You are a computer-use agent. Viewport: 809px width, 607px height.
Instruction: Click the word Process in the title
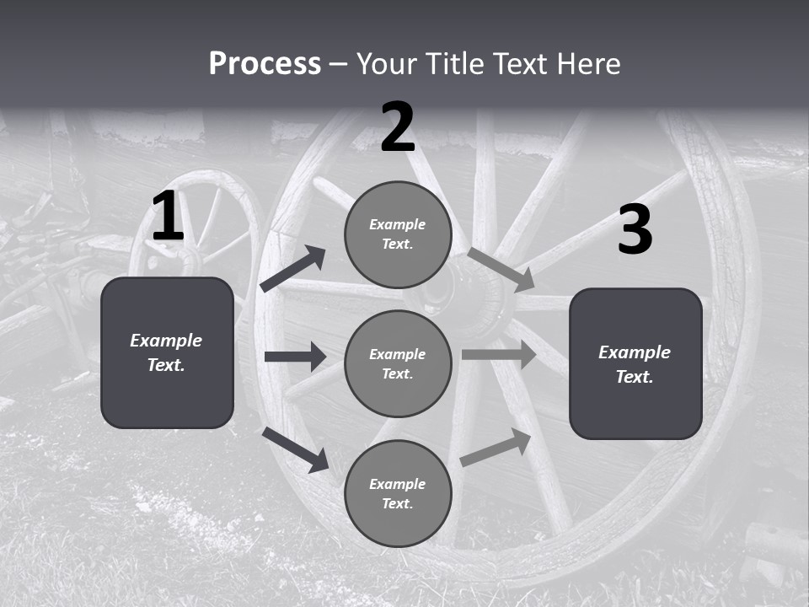tap(265, 64)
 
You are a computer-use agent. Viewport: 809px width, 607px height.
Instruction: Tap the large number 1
tap(168, 217)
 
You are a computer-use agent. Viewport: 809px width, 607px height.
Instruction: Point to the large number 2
tap(398, 127)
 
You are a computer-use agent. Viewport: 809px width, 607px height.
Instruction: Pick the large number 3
tap(635, 230)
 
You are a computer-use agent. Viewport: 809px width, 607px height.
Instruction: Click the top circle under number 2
tap(398, 234)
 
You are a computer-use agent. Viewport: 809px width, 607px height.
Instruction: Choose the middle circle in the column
tap(398, 363)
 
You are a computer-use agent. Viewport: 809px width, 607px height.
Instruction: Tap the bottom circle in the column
tap(398, 493)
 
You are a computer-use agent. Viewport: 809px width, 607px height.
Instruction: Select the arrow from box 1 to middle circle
tap(295, 357)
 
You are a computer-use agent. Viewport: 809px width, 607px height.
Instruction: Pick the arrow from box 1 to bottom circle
tap(296, 449)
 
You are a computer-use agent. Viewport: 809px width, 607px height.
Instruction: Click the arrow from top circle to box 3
tap(501, 270)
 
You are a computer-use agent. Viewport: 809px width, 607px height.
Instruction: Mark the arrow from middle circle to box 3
tap(499, 354)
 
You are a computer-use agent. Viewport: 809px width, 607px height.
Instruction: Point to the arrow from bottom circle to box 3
tap(496, 448)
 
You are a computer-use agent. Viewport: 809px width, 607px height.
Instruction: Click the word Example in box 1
tap(166, 341)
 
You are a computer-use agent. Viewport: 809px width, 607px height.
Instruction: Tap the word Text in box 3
tap(635, 377)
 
